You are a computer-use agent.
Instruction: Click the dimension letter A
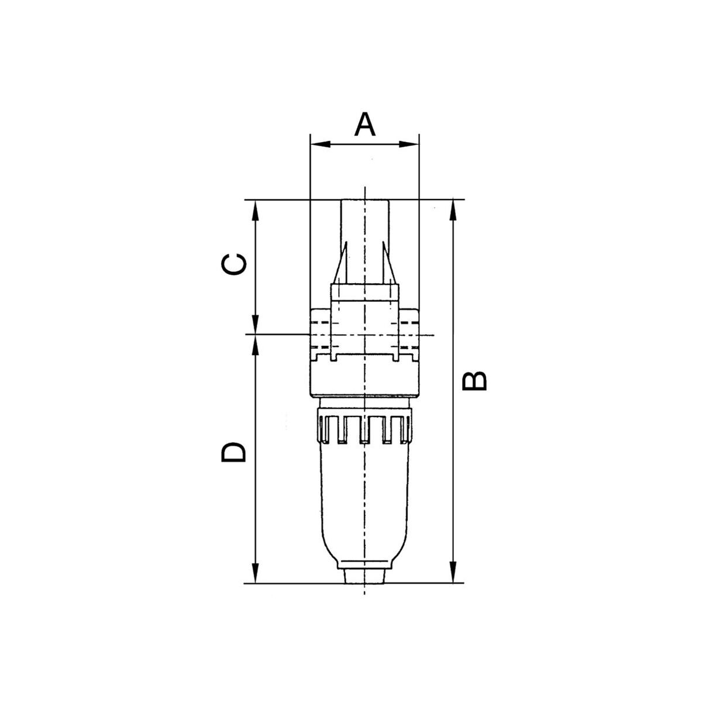pos(364,124)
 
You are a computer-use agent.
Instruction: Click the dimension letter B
pos(474,381)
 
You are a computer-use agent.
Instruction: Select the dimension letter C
pos(234,264)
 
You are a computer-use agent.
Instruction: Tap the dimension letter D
pos(233,452)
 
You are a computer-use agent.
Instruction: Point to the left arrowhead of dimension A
pos(320,144)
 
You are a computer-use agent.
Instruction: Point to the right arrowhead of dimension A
pos(409,144)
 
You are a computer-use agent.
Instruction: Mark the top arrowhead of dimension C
pos(256,211)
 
